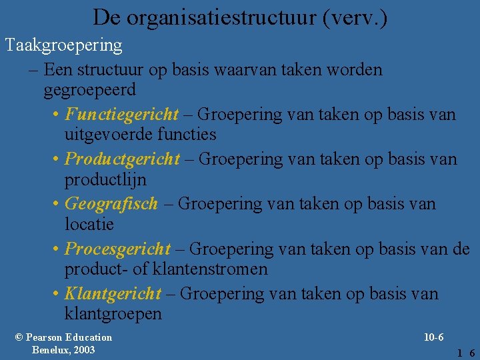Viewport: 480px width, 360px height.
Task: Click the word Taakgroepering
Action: tap(64, 45)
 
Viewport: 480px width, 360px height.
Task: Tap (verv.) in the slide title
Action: tap(354, 17)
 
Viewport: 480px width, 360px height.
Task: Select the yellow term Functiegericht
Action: tap(122, 114)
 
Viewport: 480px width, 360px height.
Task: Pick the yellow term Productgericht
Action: tap(123, 159)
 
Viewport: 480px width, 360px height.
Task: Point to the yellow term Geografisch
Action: tap(111, 203)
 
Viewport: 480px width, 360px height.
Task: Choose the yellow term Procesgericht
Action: tap(118, 249)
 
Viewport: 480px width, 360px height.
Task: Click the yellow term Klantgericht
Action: tap(113, 293)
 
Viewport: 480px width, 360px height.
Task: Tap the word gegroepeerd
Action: tap(89, 89)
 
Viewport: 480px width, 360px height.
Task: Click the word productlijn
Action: tap(105, 180)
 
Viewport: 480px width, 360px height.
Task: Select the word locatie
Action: tap(89, 225)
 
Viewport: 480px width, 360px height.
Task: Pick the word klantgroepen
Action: tap(113, 314)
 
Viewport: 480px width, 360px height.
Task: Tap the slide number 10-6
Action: tap(433, 337)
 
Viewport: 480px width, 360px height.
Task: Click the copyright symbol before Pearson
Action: tap(19, 337)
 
